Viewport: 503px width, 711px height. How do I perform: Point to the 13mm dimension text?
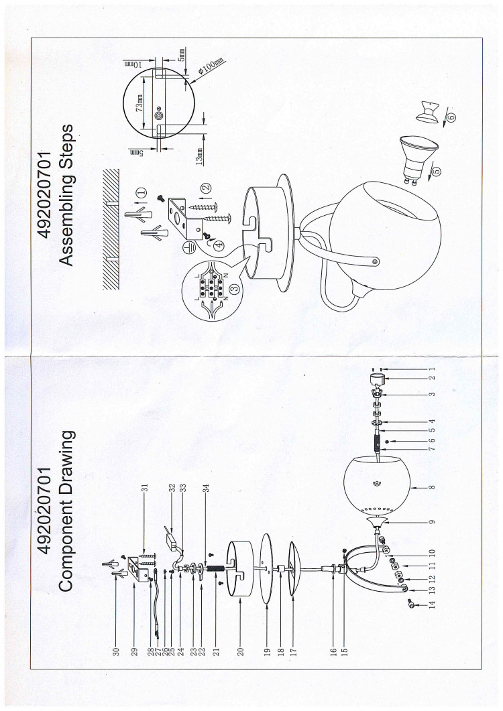(199, 156)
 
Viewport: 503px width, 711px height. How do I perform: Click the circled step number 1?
(142, 192)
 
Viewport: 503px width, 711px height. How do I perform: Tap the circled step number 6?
(451, 117)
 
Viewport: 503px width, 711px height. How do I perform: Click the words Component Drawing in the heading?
(66, 511)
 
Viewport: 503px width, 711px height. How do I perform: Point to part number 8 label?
(432, 487)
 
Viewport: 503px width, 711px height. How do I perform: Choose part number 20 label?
(241, 652)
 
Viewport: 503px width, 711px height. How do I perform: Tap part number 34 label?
(206, 489)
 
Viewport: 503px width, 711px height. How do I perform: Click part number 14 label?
(432, 604)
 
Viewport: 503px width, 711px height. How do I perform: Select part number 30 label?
(116, 652)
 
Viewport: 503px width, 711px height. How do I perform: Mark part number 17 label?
(293, 652)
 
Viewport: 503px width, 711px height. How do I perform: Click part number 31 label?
(145, 489)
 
